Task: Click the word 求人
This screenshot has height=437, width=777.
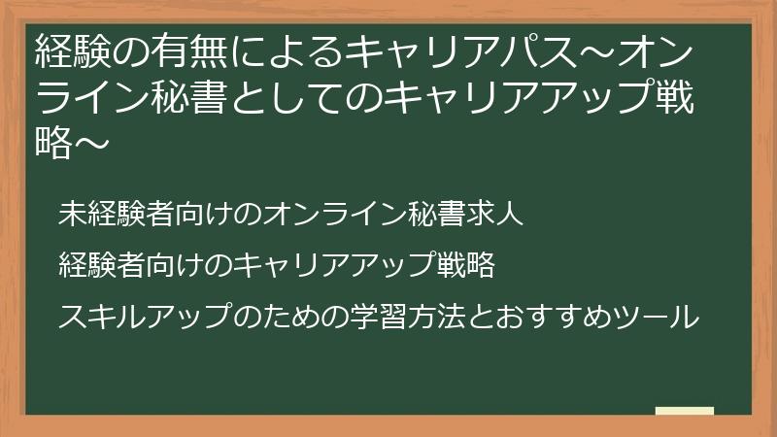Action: [x=498, y=215]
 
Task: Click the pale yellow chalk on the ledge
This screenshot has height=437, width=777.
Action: [x=685, y=411]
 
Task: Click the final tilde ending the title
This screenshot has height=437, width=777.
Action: [x=88, y=145]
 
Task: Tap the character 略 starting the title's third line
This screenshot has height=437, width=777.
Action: [x=52, y=145]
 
